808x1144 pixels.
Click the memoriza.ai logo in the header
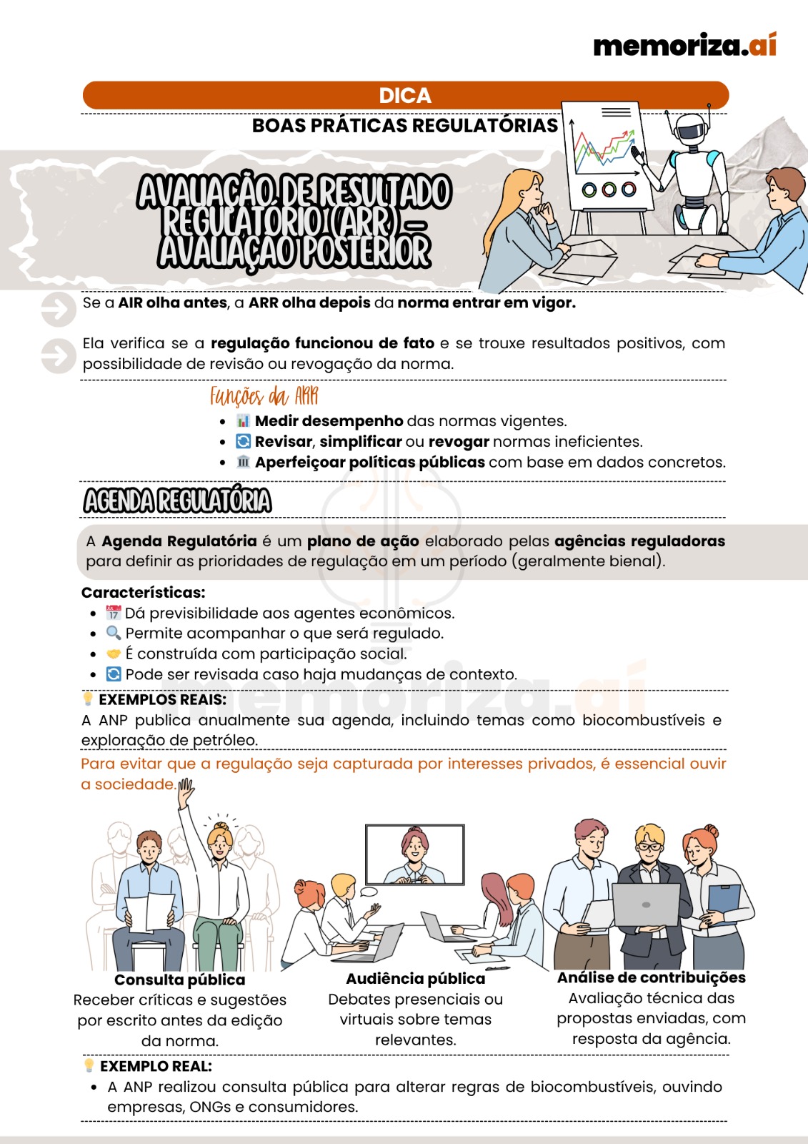point(684,45)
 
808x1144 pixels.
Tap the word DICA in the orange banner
point(405,96)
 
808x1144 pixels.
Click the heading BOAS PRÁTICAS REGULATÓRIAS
point(405,126)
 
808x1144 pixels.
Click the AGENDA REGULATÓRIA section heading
point(177,500)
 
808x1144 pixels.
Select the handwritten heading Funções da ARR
point(264,396)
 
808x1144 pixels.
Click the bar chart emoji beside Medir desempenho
point(243,421)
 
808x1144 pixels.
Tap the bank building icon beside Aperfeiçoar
point(243,462)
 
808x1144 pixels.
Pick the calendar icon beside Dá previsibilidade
point(114,612)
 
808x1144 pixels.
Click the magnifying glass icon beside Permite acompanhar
point(114,633)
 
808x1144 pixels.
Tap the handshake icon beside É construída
point(114,654)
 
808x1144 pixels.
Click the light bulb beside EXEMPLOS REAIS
point(88,699)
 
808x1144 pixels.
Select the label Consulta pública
point(179,980)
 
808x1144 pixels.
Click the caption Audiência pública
point(416,979)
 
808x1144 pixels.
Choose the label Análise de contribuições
point(652,977)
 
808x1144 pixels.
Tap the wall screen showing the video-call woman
point(415,854)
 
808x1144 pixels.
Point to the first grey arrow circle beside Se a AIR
point(59,309)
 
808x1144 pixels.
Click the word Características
point(143,593)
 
